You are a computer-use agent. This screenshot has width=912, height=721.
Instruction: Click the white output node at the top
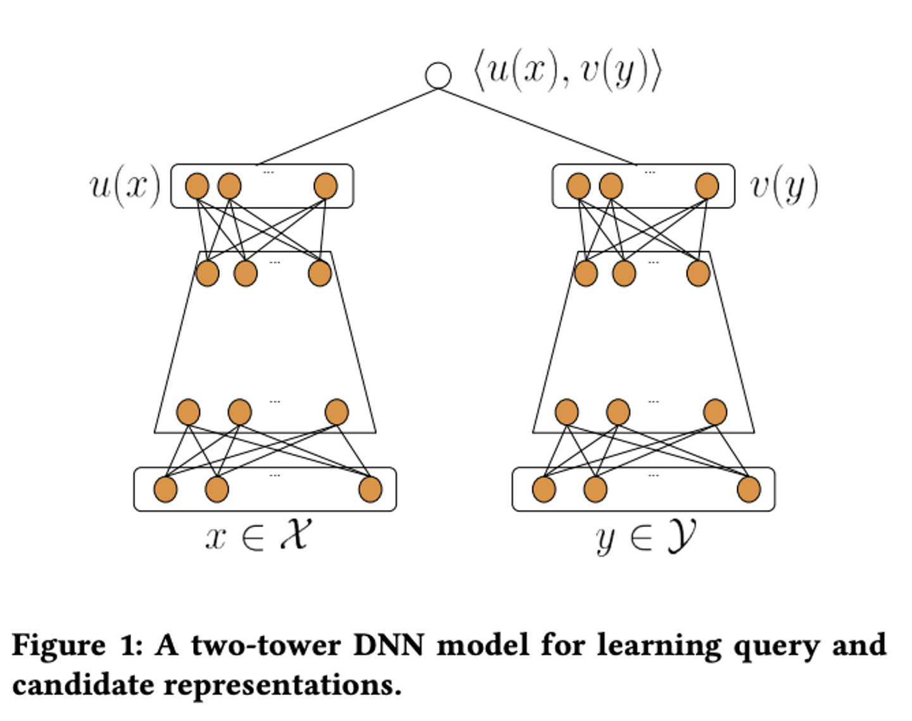coord(438,75)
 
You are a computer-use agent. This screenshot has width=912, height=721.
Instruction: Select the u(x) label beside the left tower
coord(125,186)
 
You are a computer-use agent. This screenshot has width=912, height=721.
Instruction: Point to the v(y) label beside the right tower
coord(783,186)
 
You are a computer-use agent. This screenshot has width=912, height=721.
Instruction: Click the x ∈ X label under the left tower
coord(258,535)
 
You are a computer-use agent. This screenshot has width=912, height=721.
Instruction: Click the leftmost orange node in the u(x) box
coord(197,186)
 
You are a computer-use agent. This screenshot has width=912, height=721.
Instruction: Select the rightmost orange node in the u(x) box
coord(326,186)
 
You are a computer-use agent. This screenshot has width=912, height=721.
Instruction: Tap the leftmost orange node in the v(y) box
coord(578,186)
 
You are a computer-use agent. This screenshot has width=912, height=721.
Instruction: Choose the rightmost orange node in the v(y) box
coord(707,186)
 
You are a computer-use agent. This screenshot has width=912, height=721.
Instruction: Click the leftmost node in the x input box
coord(165,490)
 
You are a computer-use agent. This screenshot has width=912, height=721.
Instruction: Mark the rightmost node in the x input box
coord(370,490)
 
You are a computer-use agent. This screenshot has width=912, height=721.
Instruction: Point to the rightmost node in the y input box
coord(749,490)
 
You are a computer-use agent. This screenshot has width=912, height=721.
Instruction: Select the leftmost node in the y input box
coord(544,490)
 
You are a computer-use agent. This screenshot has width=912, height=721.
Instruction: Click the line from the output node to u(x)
coord(348,127)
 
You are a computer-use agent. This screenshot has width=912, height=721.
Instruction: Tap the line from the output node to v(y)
coord(538,127)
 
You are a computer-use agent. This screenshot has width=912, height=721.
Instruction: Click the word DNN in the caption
coord(388,646)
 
